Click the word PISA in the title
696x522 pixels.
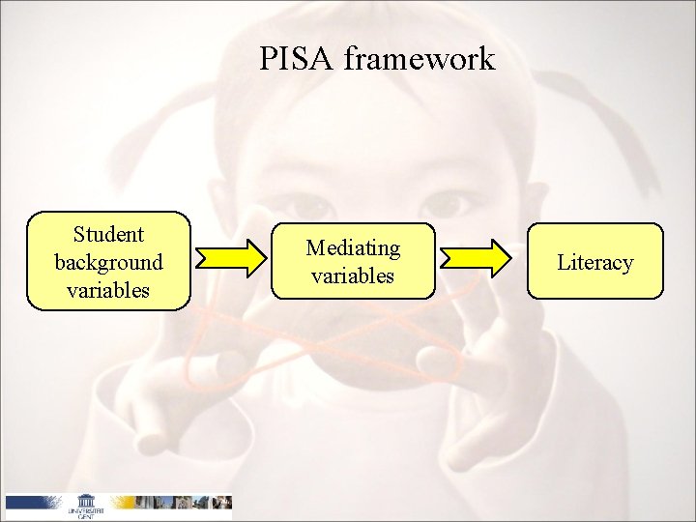(x=296, y=60)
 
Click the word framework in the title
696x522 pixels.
(x=419, y=60)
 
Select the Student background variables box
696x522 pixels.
(x=108, y=261)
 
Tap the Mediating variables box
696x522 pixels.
(x=353, y=261)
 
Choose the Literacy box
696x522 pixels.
(x=595, y=261)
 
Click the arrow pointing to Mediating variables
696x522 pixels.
(x=231, y=258)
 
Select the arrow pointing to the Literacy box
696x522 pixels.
(x=475, y=258)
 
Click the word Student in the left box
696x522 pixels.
(x=108, y=234)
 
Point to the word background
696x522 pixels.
(x=108, y=262)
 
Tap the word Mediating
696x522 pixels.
(x=353, y=247)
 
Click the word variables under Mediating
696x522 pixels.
(x=353, y=275)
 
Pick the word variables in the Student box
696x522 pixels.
(x=108, y=289)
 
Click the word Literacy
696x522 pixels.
(x=595, y=262)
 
